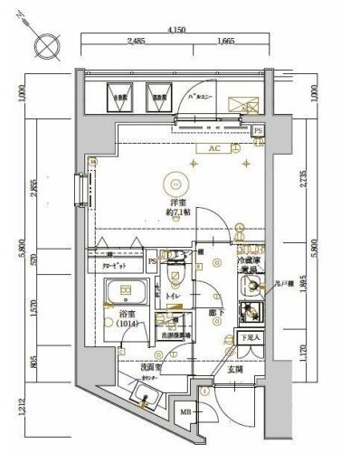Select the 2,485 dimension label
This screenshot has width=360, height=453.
pos(137,42)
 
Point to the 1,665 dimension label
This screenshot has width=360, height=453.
pos(226,42)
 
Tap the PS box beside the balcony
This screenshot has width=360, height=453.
pos(258,131)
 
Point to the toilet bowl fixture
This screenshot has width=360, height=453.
pos(178,270)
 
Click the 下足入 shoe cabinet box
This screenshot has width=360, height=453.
pos(250,338)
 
